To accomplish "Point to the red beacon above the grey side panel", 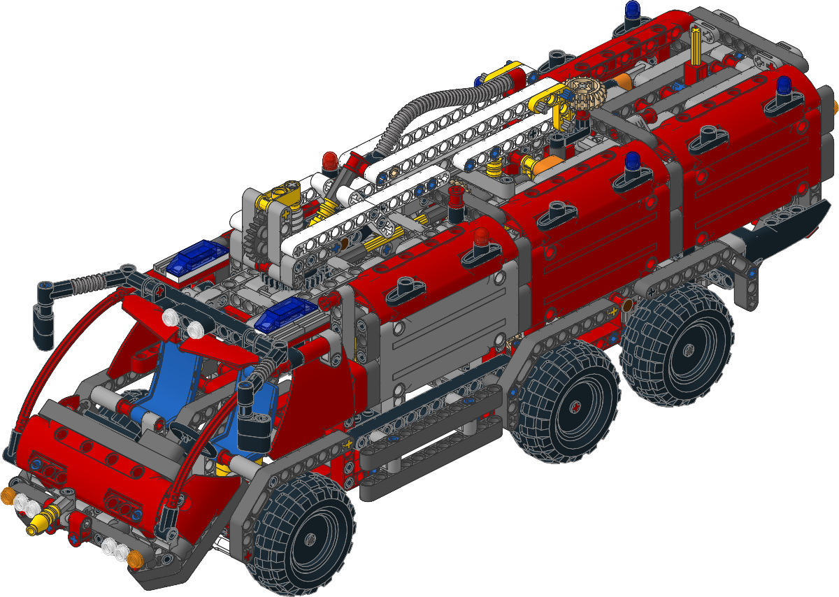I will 481,238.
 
